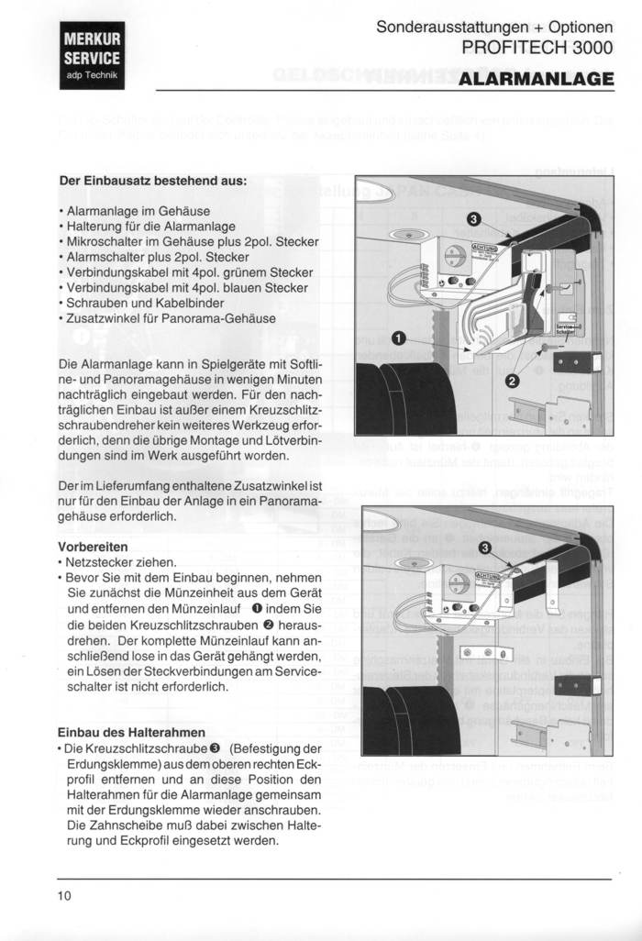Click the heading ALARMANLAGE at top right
[x=536, y=79]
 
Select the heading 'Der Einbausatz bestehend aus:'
[x=152, y=181]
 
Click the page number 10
[x=64, y=895]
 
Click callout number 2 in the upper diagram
[x=512, y=379]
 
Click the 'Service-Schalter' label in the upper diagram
[x=565, y=328]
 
